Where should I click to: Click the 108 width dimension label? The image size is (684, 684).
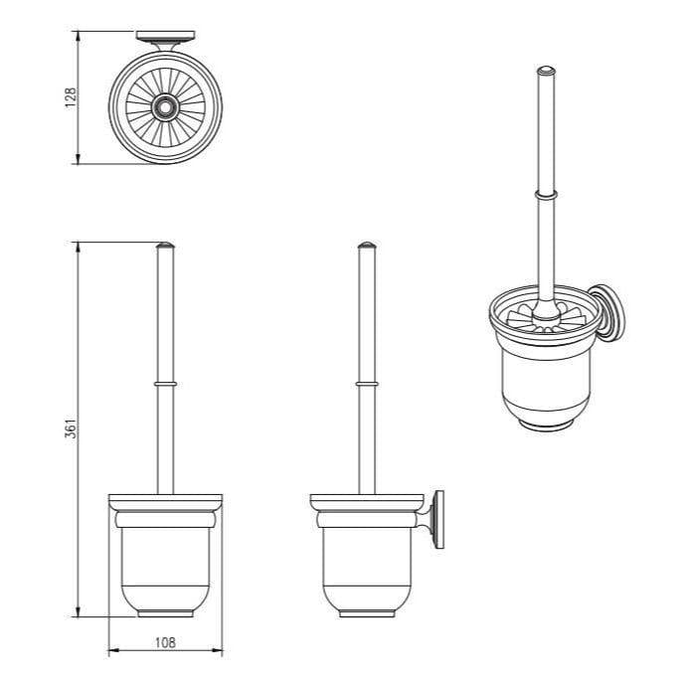tap(164, 643)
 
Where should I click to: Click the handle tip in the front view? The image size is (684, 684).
tap(165, 245)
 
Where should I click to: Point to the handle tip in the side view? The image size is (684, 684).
tap(367, 245)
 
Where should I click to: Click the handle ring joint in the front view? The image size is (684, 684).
tap(165, 384)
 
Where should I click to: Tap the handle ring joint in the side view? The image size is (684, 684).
tap(367, 384)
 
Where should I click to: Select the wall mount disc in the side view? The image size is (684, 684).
tap(439, 519)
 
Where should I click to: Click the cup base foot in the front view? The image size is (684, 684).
tap(165, 613)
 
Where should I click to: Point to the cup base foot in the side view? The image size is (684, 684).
tap(367, 613)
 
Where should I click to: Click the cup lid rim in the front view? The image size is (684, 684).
tap(165, 500)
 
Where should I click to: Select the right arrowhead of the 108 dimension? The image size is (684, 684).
tap(220, 652)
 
